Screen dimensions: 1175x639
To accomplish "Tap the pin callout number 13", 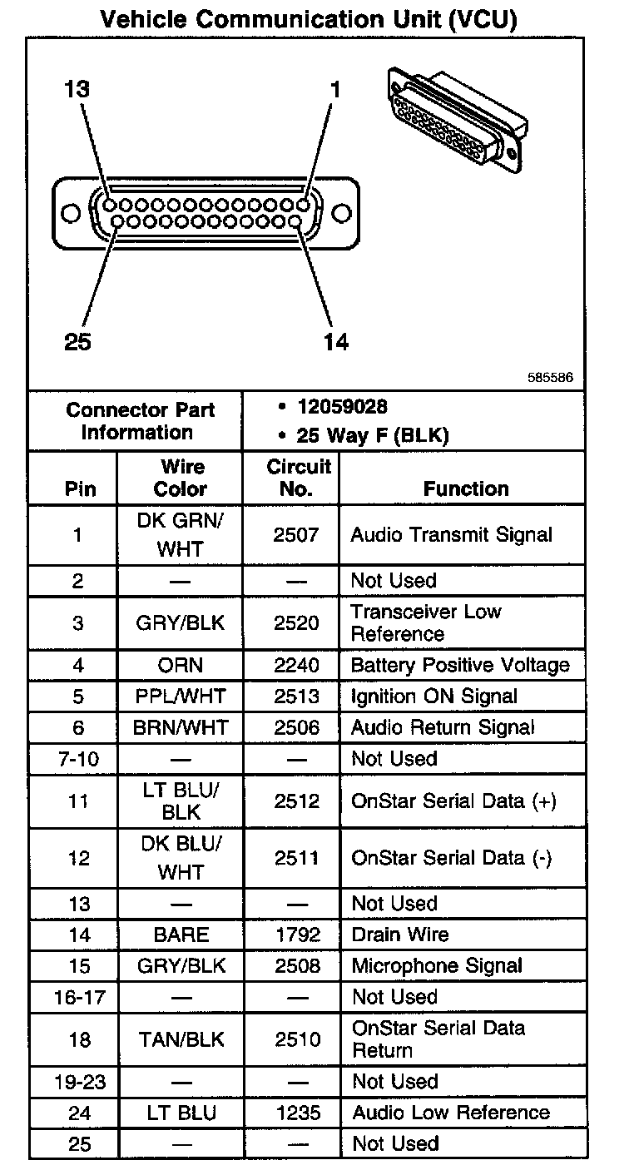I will point(77,89).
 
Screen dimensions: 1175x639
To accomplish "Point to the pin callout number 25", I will point(77,341).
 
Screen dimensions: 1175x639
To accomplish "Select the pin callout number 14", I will point(335,341).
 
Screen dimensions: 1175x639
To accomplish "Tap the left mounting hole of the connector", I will point(72,212).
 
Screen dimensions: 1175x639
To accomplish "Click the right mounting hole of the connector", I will point(342,212).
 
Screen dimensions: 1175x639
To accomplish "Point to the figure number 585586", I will point(550,378).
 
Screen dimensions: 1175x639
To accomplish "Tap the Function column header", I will point(466,489).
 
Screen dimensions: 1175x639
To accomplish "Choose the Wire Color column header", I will point(180,478).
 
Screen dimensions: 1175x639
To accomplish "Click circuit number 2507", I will point(295,535).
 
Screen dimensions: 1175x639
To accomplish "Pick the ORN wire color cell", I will point(180,666).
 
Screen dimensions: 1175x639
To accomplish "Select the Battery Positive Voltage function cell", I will point(460,666).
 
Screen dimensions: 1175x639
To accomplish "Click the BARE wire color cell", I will point(181,935).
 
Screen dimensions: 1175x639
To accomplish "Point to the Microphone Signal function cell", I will point(437,966).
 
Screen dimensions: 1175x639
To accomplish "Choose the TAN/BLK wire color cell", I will point(180,1039).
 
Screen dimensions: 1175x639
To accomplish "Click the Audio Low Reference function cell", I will point(451,1113).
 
